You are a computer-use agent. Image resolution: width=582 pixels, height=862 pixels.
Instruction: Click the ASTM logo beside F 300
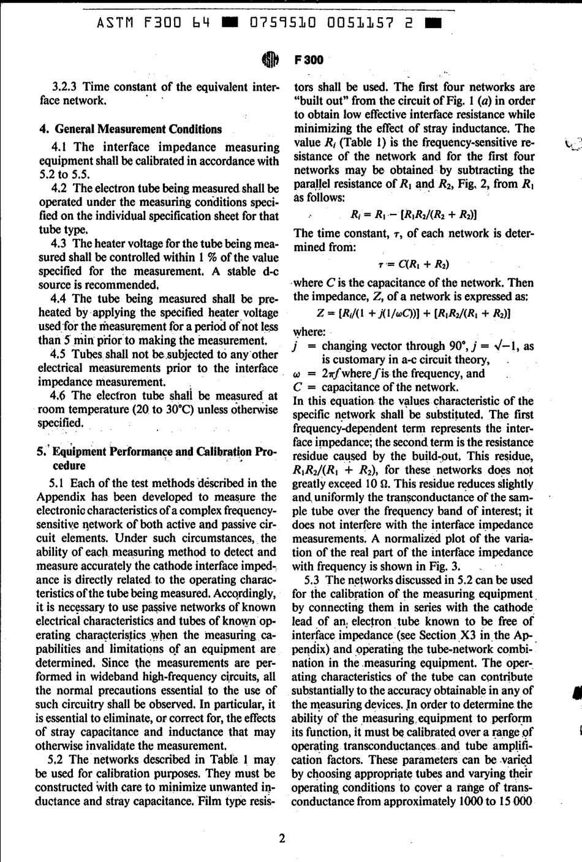pos(270,59)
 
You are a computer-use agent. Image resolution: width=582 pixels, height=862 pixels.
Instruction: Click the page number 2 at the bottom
pos(282,838)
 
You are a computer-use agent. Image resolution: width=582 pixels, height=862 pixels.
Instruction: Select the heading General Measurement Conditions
pos(138,129)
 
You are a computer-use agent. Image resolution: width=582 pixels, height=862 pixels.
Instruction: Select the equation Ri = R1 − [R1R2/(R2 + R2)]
pos(414,214)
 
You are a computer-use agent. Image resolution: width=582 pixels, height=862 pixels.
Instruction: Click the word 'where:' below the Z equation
pos(309,331)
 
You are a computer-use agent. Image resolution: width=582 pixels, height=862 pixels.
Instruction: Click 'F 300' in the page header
pos(308,59)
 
